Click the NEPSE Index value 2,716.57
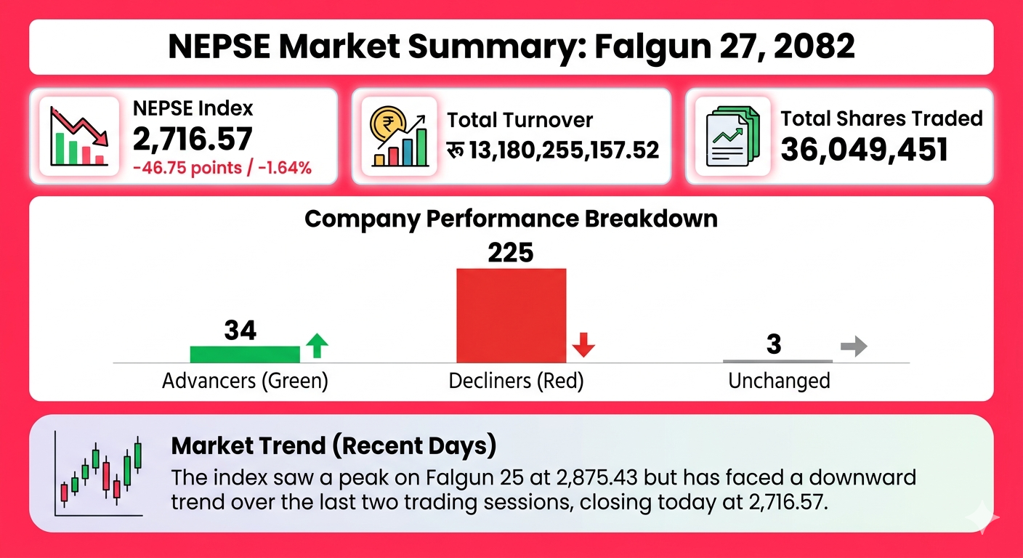193,138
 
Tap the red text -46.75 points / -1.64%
222,168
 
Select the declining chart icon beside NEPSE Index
79,136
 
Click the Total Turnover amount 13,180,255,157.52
564,150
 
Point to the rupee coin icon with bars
397,136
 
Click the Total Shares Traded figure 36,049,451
864,149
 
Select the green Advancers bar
245,354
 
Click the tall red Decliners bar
511,315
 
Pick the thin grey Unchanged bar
777,360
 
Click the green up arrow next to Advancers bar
316,345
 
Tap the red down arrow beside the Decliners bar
583,345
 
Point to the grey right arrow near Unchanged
854,347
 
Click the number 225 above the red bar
510,252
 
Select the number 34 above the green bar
240,331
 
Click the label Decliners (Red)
516,381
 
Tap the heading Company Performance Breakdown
511,219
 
